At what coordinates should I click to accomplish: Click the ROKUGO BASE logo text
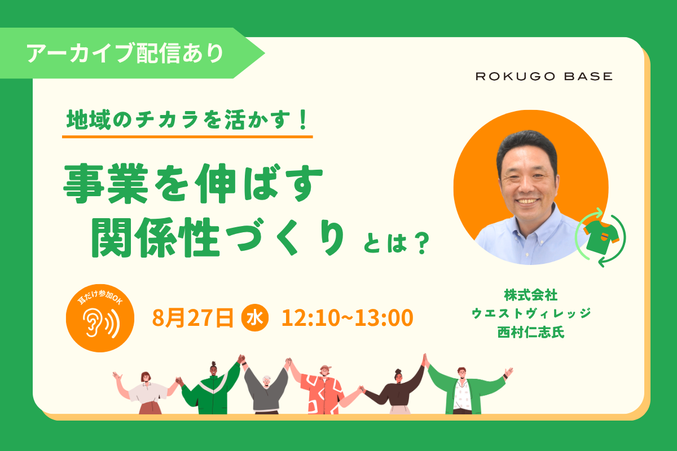tap(544, 76)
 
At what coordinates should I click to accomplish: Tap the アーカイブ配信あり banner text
tap(125, 54)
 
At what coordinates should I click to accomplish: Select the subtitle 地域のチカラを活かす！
tap(187, 120)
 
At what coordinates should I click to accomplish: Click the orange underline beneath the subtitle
tap(187, 137)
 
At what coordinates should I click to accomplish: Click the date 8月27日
tap(193, 318)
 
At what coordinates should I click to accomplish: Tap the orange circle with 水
tap(255, 317)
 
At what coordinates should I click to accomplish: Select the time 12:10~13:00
tap(348, 318)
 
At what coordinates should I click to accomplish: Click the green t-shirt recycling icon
tap(600, 237)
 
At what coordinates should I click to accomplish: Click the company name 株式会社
tap(531, 295)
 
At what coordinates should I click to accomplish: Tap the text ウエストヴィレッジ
tap(531, 313)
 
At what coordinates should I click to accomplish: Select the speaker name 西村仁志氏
tap(531, 332)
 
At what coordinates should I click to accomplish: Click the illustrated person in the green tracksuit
tap(213, 390)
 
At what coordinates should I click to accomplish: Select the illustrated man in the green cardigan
tap(463, 390)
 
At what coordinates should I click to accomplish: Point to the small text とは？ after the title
tap(397, 243)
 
